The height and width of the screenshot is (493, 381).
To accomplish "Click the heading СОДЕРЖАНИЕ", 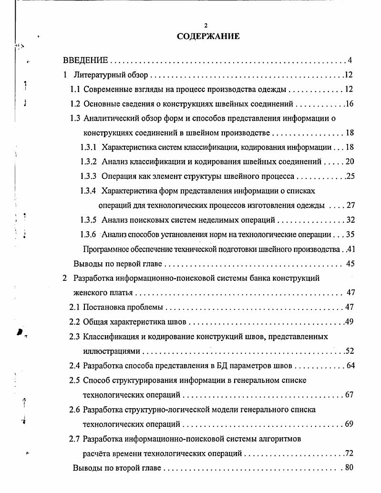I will tap(208, 36).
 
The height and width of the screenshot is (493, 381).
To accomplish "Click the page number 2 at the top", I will tap(206, 25).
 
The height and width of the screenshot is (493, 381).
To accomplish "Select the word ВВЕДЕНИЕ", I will tap(86, 61).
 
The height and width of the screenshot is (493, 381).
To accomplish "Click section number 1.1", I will tap(75, 90).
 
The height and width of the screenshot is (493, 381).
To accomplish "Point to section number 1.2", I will tap(75, 104).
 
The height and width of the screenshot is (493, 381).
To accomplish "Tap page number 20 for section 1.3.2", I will tap(350, 162).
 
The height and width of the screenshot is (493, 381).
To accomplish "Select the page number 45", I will tap(350, 263).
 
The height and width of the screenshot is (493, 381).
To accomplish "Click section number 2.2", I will tap(75, 322).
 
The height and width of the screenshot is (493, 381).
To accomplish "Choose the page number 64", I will tap(349, 366).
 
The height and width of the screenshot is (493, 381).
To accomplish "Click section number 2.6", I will tap(75, 410).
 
